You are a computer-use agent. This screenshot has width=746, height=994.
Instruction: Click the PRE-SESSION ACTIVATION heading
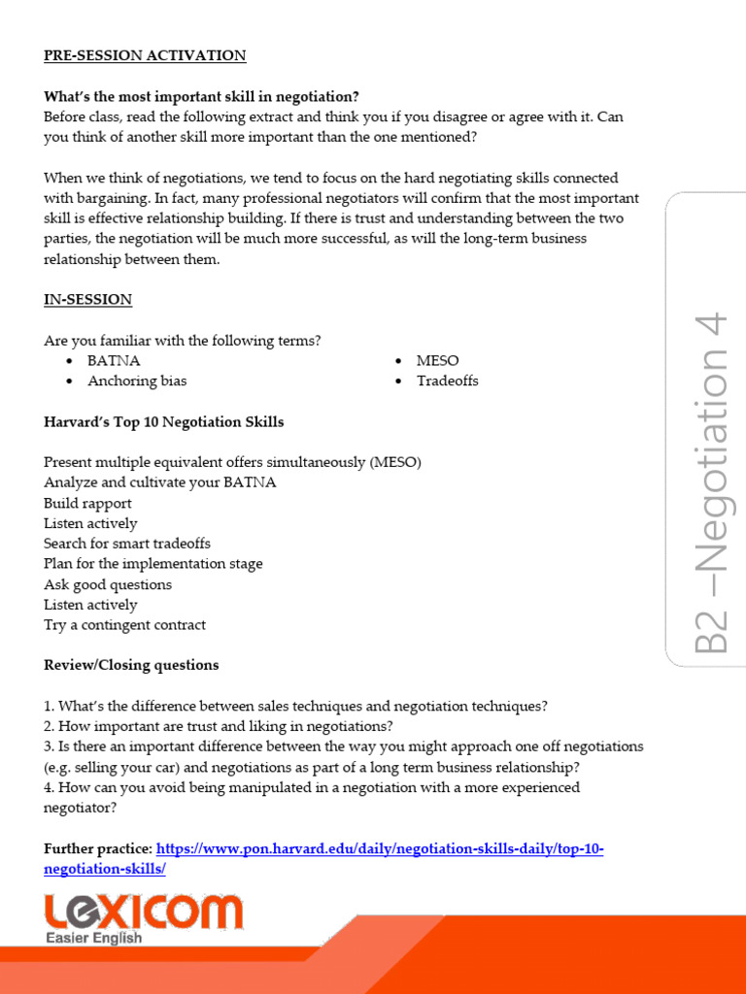pyautogui.click(x=145, y=55)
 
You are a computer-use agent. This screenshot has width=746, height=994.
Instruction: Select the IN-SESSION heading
pyautogui.click(x=87, y=300)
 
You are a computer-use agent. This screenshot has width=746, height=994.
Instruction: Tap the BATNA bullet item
pyautogui.click(x=114, y=360)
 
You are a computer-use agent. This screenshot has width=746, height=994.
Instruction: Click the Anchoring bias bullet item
pyautogui.click(x=137, y=381)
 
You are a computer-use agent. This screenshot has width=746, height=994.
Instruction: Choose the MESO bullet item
pyautogui.click(x=437, y=360)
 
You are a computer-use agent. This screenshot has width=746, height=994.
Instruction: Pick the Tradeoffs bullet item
pyautogui.click(x=447, y=381)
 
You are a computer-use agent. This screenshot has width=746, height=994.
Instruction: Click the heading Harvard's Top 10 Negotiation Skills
pyautogui.click(x=164, y=422)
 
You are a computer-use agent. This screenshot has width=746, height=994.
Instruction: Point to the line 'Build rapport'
pyautogui.click(x=87, y=503)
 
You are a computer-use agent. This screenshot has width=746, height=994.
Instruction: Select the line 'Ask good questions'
pyautogui.click(x=108, y=584)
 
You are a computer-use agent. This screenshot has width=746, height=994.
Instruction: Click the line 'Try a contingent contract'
pyautogui.click(x=124, y=625)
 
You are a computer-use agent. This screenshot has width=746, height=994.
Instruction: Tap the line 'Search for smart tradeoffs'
pyautogui.click(x=126, y=544)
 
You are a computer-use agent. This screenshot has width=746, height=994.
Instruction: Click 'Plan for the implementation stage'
pyautogui.click(x=153, y=564)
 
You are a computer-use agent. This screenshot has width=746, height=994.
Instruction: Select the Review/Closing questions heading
pyautogui.click(x=131, y=665)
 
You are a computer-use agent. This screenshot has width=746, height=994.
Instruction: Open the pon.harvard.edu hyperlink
pyautogui.click(x=379, y=849)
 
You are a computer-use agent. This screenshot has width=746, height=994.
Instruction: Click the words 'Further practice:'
pyautogui.click(x=97, y=849)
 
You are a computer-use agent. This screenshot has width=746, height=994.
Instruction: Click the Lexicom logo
pyautogui.click(x=143, y=912)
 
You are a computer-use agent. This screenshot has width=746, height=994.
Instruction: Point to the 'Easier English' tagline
pyautogui.click(x=94, y=938)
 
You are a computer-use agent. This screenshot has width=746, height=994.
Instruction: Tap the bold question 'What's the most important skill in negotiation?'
pyautogui.click(x=201, y=96)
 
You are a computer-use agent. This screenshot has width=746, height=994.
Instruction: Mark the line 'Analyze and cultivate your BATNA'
pyautogui.click(x=159, y=482)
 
